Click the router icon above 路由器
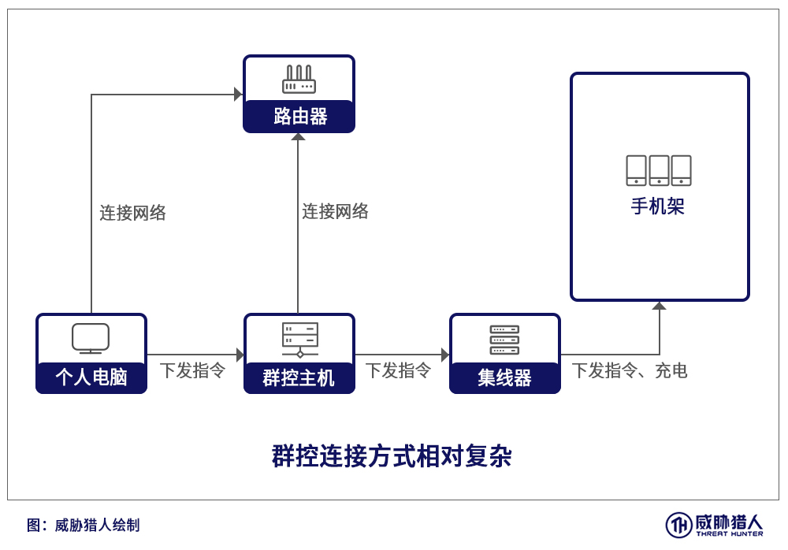click(x=299, y=80)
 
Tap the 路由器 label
click(x=300, y=116)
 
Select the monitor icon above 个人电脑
click(x=91, y=338)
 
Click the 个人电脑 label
click(x=91, y=377)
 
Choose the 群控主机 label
click(x=299, y=377)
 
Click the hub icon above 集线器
click(x=504, y=340)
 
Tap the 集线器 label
click(x=504, y=377)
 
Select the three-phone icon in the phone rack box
click(x=658, y=170)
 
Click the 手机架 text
click(x=658, y=206)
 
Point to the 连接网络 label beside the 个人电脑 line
click(x=132, y=213)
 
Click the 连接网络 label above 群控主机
click(x=335, y=211)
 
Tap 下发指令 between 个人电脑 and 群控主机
click(x=192, y=370)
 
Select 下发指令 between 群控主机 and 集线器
click(x=398, y=370)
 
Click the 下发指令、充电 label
click(x=630, y=370)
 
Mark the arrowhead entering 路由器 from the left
click(x=239, y=94)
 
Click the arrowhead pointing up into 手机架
click(x=660, y=306)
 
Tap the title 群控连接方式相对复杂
click(x=392, y=456)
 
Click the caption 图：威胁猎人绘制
click(x=84, y=526)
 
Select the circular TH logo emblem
click(x=679, y=526)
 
